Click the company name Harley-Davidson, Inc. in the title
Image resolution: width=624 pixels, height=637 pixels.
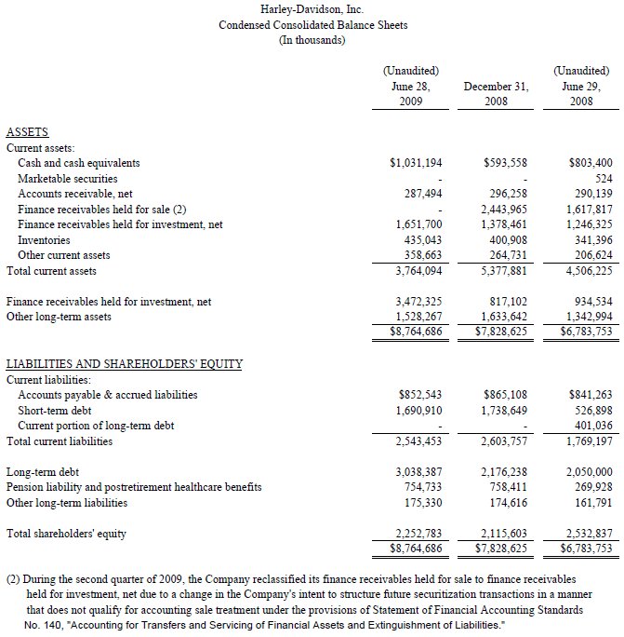[312, 9]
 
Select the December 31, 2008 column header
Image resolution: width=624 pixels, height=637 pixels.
[496, 93]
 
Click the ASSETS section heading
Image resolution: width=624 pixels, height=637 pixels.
[27, 132]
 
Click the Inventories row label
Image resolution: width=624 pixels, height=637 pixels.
[45, 240]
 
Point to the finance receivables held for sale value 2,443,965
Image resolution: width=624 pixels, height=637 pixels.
[506, 209]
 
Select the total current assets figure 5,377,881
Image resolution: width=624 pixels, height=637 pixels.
[506, 271]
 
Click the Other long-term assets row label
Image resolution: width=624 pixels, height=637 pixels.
[59, 317]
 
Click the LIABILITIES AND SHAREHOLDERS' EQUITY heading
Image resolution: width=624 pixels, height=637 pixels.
[125, 364]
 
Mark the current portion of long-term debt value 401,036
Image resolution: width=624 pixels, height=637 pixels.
[591, 426]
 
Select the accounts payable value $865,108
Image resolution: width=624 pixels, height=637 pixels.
[506, 395]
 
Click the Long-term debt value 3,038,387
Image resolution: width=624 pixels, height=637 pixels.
[418, 472]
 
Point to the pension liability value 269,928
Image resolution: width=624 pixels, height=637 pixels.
[591, 487]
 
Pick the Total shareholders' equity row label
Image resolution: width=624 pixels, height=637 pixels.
[66, 534]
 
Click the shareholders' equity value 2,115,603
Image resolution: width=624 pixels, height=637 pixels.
[506, 534]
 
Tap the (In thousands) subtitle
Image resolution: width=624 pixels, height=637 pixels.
[312, 40]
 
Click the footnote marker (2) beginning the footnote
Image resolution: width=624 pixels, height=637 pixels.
[14, 578]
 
